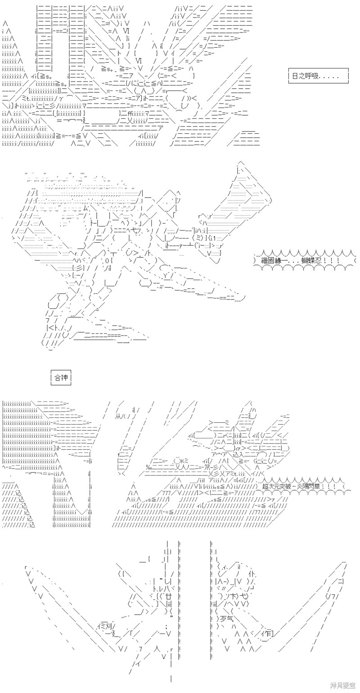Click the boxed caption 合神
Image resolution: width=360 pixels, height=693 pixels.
click(61, 378)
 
